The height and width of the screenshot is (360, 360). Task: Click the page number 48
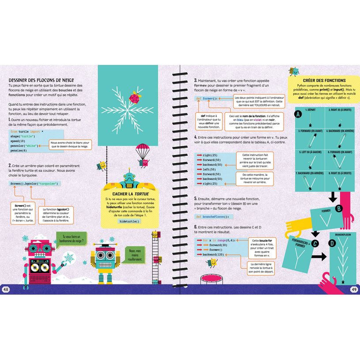tap(6, 289)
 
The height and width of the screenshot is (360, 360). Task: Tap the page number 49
tap(353, 289)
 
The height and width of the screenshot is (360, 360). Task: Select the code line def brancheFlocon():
tap(213, 216)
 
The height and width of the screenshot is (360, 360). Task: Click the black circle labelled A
tap(298, 114)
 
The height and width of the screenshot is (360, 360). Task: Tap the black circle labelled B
tap(339, 208)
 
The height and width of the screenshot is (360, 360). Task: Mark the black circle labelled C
tap(315, 243)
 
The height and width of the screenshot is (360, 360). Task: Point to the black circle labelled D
tap(332, 242)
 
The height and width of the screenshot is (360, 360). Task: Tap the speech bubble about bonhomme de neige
tap(73, 239)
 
